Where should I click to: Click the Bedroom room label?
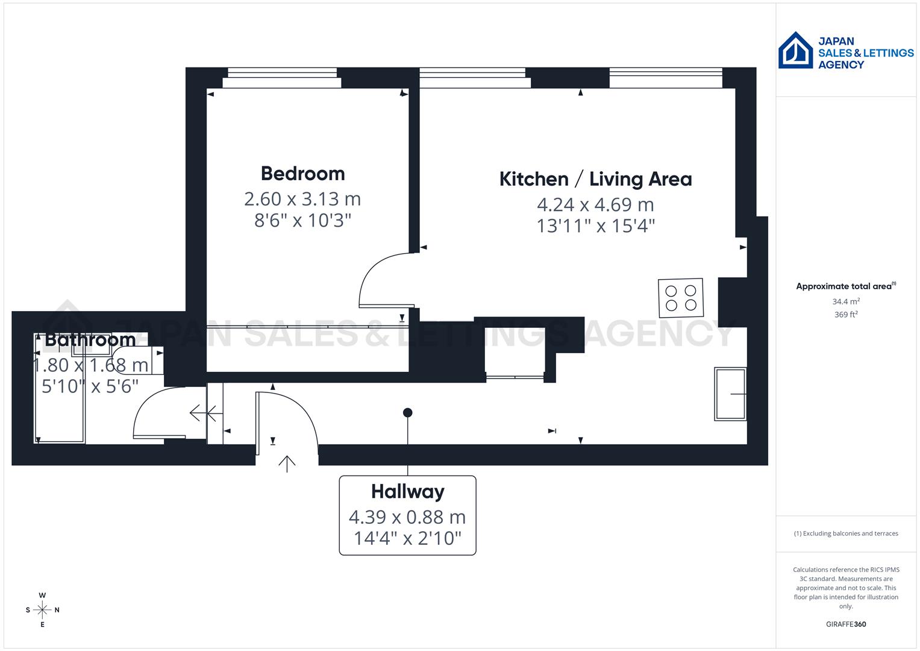click(302, 174)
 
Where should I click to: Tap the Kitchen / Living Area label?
click(595, 179)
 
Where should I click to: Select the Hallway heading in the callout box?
click(407, 492)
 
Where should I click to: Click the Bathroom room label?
click(90, 340)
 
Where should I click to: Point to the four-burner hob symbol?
click(681, 298)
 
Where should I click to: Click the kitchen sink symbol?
click(730, 394)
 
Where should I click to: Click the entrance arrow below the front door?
click(287, 464)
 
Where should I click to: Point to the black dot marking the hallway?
click(408, 413)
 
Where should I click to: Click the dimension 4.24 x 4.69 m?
click(595, 204)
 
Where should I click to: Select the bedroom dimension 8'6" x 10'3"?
click(302, 221)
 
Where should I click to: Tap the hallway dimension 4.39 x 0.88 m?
click(407, 517)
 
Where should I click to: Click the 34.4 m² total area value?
click(846, 301)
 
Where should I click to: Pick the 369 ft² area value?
click(846, 315)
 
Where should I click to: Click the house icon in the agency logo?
click(795, 51)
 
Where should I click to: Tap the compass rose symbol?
click(42, 610)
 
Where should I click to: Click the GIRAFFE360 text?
click(846, 624)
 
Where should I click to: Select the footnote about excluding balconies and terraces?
click(846, 533)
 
